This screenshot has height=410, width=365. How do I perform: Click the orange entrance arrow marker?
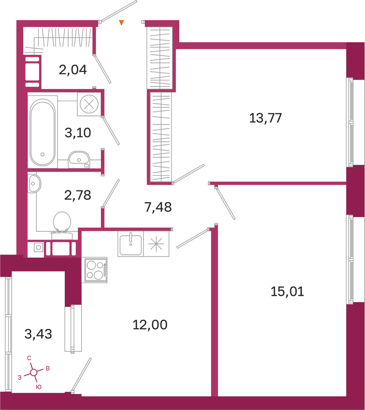click(121, 23)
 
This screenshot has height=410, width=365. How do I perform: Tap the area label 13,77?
click(265, 118)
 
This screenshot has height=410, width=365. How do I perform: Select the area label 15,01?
click(287, 291)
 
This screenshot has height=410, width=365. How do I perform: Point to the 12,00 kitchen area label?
click(150, 325)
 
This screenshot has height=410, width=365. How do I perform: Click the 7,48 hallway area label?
click(158, 207)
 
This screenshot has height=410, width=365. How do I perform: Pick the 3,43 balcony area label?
click(38, 334)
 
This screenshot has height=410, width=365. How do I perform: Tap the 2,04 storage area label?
click(73, 70)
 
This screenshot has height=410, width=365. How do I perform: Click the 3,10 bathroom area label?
click(78, 133)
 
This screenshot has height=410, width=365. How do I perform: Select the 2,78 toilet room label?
click(78, 195)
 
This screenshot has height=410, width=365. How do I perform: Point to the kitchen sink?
click(131, 244)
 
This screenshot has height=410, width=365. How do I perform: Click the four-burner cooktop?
click(95, 270)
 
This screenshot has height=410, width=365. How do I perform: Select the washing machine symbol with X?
click(89, 104)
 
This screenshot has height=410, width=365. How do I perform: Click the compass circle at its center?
click(34, 372)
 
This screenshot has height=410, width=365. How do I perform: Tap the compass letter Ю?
click(38, 387)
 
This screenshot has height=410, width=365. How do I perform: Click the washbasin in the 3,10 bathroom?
click(79, 160)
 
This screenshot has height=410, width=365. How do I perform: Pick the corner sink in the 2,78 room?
click(34, 184)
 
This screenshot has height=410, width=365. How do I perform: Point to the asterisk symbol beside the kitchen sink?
click(156, 244)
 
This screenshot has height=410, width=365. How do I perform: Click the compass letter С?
click(29, 358)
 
